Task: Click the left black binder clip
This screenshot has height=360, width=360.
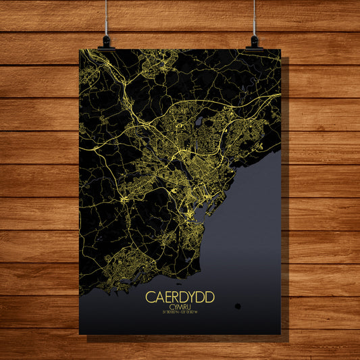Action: pyautogui.click(x=107, y=43)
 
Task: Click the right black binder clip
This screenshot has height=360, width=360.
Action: pyautogui.click(x=254, y=43)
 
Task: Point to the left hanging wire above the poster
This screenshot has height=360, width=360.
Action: pyautogui.click(x=107, y=17)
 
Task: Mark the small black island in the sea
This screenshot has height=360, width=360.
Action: pyautogui.click(x=238, y=306)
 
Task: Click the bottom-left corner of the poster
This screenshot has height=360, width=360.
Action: pyautogui.click(x=80, y=334)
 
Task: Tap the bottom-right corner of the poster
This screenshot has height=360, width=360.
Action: pyautogui.click(x=280, y=334)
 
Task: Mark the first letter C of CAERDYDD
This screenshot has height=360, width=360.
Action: pyautogui.click(x=149, y=297)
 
